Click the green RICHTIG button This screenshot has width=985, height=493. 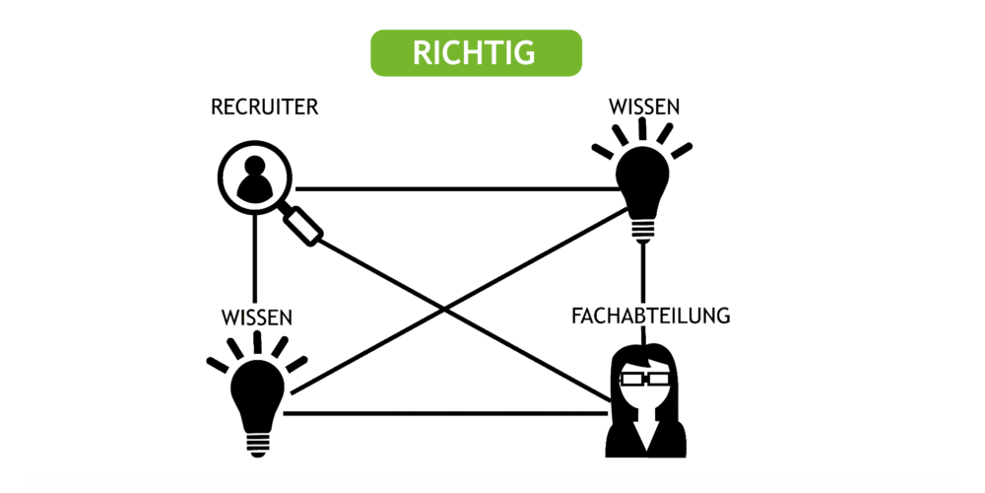(476, 53)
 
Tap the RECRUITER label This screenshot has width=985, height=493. (264, 107)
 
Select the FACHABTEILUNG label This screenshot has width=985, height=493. (651, 316)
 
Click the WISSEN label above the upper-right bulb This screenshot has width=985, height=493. (644, 107)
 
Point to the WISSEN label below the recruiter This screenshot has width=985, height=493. (257, 317)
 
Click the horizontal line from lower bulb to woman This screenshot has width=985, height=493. (445, 413)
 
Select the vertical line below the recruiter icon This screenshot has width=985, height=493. (254, 258)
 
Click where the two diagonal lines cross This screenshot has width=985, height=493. (445, 309)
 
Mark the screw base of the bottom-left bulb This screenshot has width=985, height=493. (257, 445)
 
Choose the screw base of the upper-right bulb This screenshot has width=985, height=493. (642, 232)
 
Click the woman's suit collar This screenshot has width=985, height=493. (645, 435)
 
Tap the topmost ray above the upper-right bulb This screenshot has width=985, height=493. (642, 129)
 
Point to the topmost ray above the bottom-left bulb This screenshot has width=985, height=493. (257, 342)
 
